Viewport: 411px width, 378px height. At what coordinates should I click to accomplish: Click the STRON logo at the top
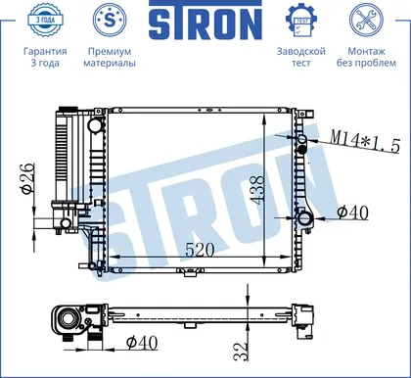point(205,21)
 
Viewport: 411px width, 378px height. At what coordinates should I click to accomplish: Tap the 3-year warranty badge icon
point(45,20)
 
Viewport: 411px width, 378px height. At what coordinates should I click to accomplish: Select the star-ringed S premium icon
point(110,20)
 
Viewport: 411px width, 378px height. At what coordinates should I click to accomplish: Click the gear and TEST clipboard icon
point(301,20)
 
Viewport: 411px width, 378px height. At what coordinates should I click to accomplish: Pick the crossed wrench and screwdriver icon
point(366,20)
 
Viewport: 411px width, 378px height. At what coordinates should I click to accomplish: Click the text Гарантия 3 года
point(45,57)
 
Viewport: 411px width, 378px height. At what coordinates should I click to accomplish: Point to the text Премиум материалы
point(110,57)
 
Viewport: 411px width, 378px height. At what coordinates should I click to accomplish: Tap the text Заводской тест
point(301,57)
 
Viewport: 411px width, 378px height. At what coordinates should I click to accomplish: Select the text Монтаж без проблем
point(366,57)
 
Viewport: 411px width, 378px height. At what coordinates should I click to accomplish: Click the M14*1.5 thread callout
point(365,141)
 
